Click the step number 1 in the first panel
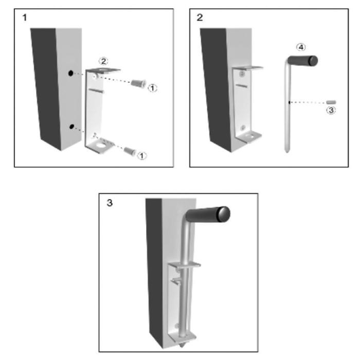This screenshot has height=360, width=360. [25, 17]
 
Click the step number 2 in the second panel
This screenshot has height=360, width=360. [200, 17]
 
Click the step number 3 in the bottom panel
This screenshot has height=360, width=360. [110, 203]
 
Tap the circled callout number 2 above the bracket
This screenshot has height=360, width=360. [103, 61]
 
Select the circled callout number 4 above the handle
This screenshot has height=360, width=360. [301, 47]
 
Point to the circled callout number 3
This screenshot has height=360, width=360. [331, 110]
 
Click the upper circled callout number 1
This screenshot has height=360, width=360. [152, 88]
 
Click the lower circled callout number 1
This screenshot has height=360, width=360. [141, 156]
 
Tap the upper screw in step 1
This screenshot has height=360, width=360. [138, 83]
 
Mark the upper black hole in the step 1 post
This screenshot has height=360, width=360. [71, 73]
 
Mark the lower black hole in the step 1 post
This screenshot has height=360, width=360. [72, 127]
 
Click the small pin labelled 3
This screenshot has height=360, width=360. [331, 102]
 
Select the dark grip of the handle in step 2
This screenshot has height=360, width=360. [303, 61]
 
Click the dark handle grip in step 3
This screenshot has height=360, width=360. [208, 214]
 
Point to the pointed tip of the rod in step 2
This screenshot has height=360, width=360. [287, 152]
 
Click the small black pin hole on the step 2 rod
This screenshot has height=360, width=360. [289, 102]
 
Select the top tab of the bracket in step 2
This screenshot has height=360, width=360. [247, 68]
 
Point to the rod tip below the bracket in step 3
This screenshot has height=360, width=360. [183, 345]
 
